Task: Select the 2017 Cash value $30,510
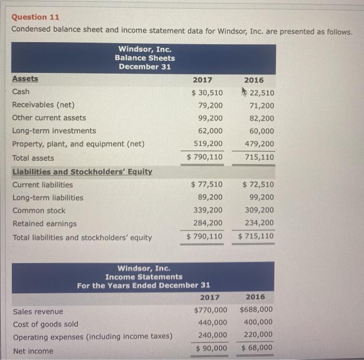coord(207,93)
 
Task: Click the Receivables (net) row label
coord(43,104)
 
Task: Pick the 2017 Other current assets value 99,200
coord(210,118)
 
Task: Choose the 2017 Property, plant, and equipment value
coord(208,144)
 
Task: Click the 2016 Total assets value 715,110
coord(260,157)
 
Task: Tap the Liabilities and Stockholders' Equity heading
coord(82,171)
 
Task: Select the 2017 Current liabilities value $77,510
coord(207,184)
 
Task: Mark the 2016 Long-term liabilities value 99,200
coord(261,197)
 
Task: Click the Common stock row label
coord(39,210)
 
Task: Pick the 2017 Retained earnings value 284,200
coord(208,223)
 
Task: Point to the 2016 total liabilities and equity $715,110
coord(256,237)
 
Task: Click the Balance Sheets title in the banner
coord(145,58)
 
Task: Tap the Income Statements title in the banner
coord(144,277)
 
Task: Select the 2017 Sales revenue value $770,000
coord(210,310)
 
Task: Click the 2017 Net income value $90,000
coord(211,348)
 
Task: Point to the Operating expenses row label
coord(93,337)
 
